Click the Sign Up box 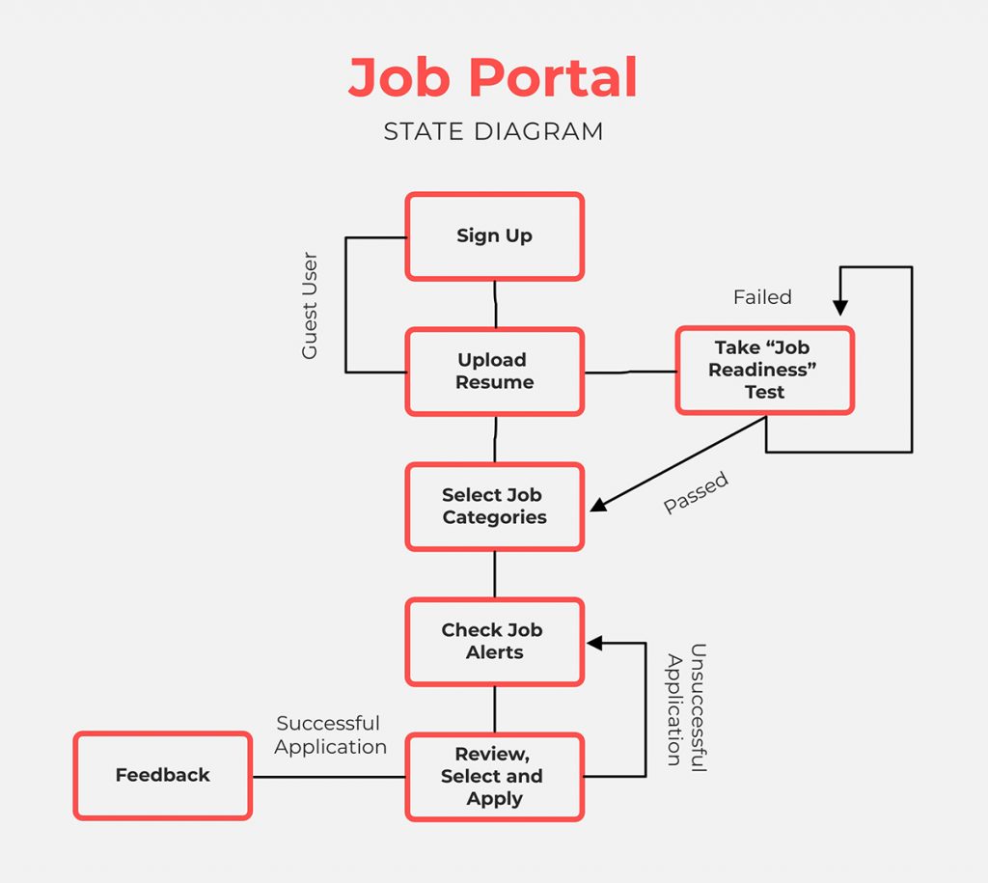(x=494, y=236)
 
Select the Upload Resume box (x=494, y=372)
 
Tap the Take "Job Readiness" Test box (x=764, y=371)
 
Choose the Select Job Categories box (x=494, y=507)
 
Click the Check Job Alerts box (x=494, y=642)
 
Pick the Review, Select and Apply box (x=494, y=777)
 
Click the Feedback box (x=162, y=776)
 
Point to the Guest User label (x=310, y=306)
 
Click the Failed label (x=762, y=297)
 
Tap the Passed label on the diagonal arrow (x=696, y=493)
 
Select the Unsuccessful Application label (x=686, y=706)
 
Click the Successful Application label (x=330, y=735)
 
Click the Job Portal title (x=493, y=78)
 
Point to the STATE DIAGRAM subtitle (x=493, y=131)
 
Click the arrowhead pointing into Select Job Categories (x=598, y=505)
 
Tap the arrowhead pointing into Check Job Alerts (x=595, y=643)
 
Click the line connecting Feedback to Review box (x=328, y=777)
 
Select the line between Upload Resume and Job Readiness (x=629, y=372)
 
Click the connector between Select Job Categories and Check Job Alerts (x=495, y=574)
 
